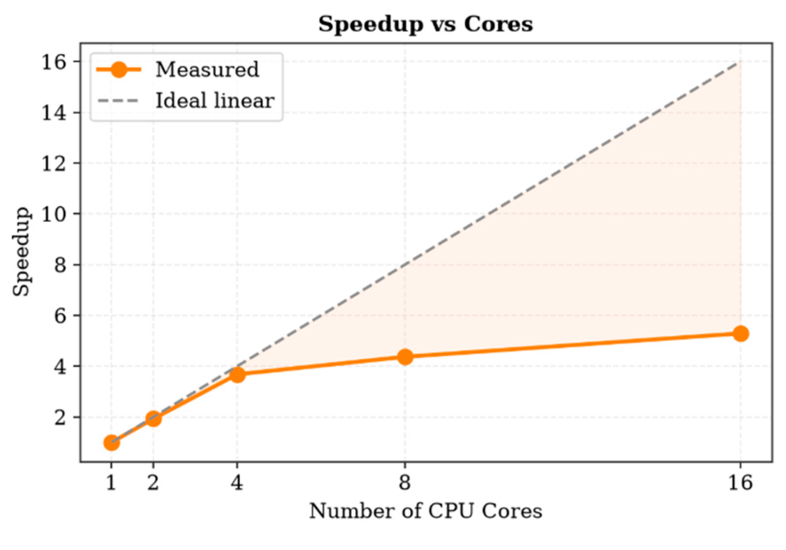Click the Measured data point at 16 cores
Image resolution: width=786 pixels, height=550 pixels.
click(740, 333)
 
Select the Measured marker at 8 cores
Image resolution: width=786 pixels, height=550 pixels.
click(405, 357)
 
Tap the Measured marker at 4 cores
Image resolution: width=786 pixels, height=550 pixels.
click(237, 375)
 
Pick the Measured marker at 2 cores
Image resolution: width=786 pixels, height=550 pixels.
click(153, 418)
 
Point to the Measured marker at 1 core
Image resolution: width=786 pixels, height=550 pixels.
click(111, 443)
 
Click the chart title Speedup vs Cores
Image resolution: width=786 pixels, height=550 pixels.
click(425, 24)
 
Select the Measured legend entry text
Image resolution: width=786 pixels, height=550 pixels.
click(208, 69)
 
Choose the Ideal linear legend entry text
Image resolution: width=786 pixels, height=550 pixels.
click(215, 100)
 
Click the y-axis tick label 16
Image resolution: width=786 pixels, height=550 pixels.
click(54, 63)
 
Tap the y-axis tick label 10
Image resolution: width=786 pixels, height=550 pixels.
click(54, 214)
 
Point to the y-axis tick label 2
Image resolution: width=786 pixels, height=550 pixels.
click(60, 418)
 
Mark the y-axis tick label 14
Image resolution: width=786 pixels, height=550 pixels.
click(54, 113)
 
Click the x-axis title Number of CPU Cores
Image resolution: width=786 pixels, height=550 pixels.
click(425, 511)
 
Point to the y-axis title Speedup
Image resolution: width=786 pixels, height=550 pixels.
click(21, 251)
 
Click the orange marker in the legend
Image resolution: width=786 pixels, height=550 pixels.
click(119, 70)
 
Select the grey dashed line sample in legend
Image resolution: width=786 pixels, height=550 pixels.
click(118, 101)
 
